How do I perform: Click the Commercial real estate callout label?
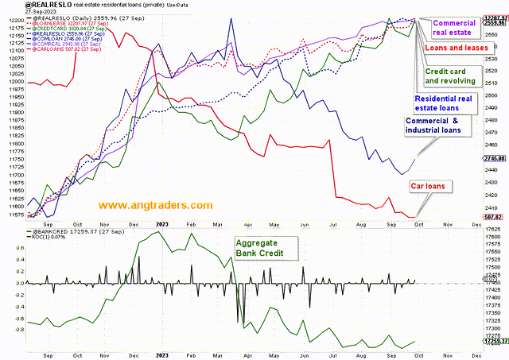[x=453, y=29]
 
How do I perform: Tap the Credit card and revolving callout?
[x=449, y=75]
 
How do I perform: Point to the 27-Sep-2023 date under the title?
[x=17, y=14]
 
